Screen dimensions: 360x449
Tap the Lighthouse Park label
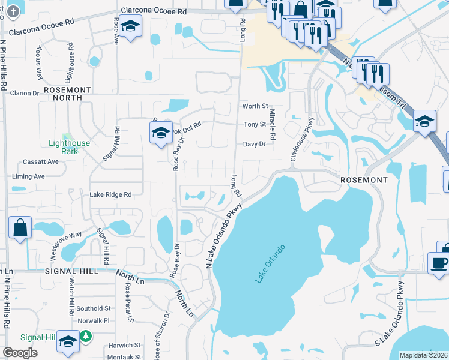tap(69, 147)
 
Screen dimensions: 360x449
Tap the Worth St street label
tap(255, 106)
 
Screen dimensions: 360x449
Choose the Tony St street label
tap(255, 124)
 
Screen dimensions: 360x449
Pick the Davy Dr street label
tap(254, 144)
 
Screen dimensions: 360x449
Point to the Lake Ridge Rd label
tap(110, 194)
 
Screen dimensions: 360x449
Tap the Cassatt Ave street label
tap(41, 161)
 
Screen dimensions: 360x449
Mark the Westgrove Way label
tap(66, 244)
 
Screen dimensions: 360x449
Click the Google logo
tap(20, 352)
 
